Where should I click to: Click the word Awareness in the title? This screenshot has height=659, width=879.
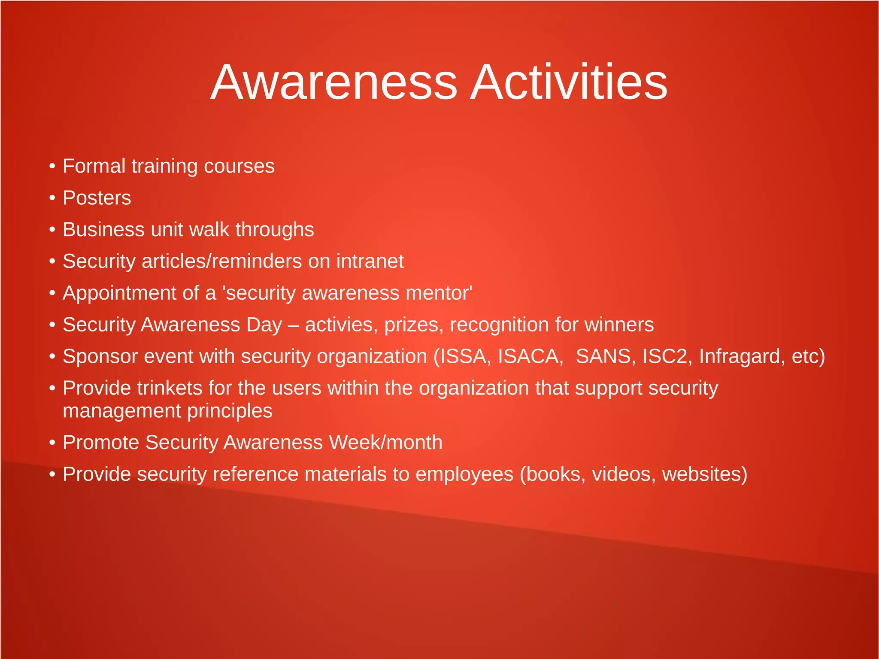coord(334,82)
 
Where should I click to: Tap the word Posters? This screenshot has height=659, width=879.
coord(97,198)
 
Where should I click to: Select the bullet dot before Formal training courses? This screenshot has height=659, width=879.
coord(52,167)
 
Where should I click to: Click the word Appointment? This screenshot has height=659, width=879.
coord(119,293)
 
